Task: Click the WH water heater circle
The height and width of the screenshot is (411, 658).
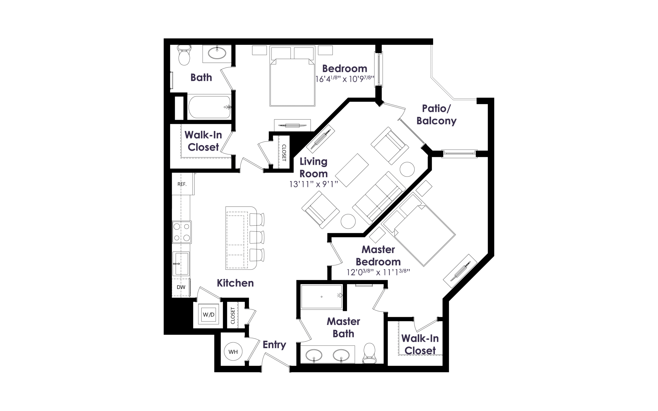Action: tap(233, 351)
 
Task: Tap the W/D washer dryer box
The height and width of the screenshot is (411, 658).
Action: tap(208, 314)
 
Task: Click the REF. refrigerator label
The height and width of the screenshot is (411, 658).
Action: tap(182, 184)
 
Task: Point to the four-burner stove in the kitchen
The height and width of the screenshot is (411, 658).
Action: tap(182, 232)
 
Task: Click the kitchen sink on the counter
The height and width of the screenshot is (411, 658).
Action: tap(181, 264)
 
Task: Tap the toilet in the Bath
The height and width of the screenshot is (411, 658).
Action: tap(184, 55)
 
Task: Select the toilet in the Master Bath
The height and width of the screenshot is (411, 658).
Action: tap(369, 353)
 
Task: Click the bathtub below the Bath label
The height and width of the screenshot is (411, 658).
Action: tap(209, 107)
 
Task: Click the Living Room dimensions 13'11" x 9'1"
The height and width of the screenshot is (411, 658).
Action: tap(314, 184)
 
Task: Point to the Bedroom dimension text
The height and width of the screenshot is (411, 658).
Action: tap(345, 79)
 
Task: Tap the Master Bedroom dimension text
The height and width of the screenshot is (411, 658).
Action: tap(378, 272)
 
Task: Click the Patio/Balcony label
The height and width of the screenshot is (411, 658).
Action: tap(436, 115)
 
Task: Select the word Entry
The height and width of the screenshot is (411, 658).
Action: tap(274, 345)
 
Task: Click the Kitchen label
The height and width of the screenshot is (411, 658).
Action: tap(235, 283)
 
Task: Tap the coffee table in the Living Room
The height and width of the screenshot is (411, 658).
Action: tap(352, 170)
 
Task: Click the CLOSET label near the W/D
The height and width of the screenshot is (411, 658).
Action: tap(232, 316)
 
